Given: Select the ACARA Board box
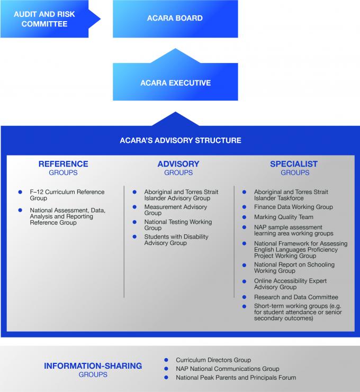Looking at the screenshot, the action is (175, 19).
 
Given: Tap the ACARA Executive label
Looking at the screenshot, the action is (175, 83).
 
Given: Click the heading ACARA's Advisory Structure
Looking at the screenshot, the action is (181, 140).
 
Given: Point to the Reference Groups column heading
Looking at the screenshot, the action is (64, 168).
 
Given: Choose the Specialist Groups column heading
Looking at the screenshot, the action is (294, 168).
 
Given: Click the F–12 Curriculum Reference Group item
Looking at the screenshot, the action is (67, 195).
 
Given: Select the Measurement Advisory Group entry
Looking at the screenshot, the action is (176, 210).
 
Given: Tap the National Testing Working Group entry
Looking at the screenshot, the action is (178, 225).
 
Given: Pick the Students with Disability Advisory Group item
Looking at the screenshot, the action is (176, 240).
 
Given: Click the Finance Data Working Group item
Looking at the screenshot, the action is (293, 207).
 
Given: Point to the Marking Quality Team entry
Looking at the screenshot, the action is (283, 217).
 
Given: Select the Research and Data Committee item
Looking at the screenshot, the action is (296, 297).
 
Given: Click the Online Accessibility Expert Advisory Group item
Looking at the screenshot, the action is (290, 284).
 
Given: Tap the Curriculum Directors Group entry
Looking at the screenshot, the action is (213, 360).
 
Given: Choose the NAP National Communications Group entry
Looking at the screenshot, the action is (228, 369).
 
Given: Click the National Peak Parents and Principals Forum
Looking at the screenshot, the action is (236, 378).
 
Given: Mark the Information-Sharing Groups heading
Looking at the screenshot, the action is (93, 370).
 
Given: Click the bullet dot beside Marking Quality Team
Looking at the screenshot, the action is (244, 217).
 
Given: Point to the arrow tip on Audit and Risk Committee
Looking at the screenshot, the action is (100, 19).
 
